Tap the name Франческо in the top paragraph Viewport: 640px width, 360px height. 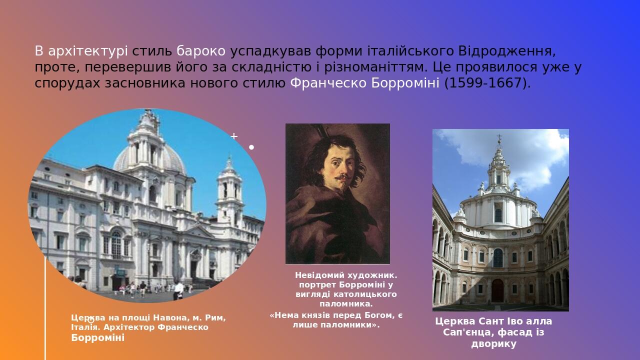click(328, 83)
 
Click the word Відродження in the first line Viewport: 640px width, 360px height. click(504, 51)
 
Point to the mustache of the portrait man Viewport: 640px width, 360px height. click(342, 177)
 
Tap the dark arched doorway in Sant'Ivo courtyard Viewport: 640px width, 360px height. click(497, 290)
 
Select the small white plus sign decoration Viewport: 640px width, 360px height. click(234, 136)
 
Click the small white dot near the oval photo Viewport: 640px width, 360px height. click(251, 147)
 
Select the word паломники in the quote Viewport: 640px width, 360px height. click(350, 325)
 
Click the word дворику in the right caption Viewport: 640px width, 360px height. click(493, 344)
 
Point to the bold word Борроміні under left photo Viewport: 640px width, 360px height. click(97, 338)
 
